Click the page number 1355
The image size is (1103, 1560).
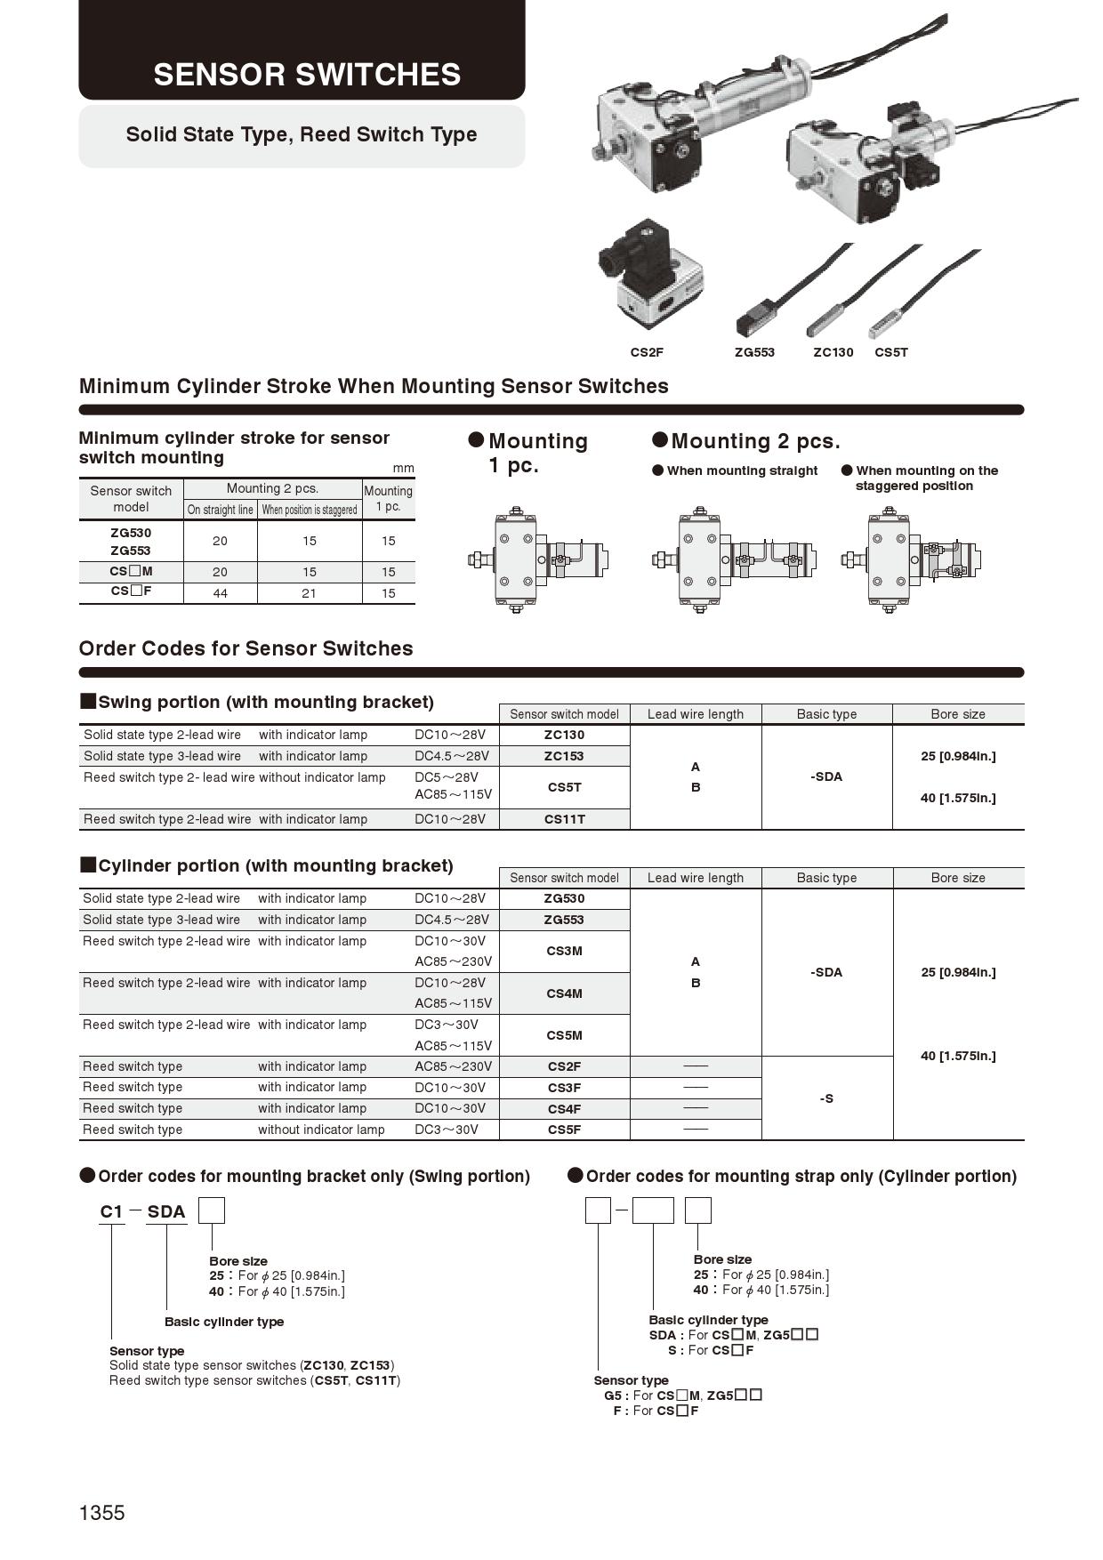102,1513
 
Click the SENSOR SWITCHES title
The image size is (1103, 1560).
307,75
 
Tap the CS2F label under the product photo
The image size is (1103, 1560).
647,352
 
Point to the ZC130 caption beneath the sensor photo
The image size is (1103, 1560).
833,352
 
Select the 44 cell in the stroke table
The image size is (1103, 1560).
220,593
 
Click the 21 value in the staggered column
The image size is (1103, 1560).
309,593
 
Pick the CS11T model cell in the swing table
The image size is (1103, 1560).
564,819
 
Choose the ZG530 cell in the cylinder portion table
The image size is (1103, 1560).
564,898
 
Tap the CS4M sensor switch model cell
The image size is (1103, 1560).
564,993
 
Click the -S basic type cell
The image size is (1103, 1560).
826,1098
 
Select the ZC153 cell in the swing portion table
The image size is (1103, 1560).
564,756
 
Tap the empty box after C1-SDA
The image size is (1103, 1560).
211,1210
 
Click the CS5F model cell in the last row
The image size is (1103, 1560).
564,1130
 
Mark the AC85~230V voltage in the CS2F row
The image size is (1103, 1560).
453,1066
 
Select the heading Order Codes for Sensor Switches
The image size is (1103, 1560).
246,648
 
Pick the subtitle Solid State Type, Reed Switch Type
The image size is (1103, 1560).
302,135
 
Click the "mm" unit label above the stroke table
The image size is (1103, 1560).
403,468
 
